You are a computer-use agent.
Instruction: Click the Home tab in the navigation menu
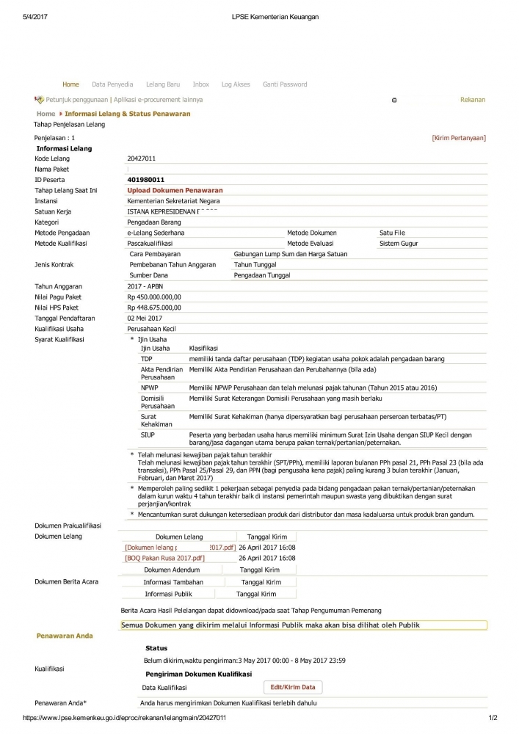(x=70, y=84)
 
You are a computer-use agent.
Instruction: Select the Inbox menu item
(x=200, y=84)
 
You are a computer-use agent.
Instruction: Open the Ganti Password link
(x=285, y=84)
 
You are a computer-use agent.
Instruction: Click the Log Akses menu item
(x=236, y=84)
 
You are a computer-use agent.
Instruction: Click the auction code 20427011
(x=142, y=159)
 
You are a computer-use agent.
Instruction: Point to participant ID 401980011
(x=145, y=180)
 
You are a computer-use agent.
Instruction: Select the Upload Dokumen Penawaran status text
(x=175, y=190)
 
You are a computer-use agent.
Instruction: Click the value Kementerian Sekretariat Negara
(x=173, y=200)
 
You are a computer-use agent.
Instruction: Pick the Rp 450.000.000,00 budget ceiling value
(x=153, y=297)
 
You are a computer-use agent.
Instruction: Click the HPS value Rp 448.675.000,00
(x=153, y=308)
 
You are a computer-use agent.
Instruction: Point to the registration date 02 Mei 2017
(x=145, y=318)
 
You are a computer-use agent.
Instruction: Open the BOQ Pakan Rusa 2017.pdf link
(x=164, y=558)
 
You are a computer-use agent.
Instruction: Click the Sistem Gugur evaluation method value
(x=399, y=243)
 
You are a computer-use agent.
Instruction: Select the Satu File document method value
(x=392, y=233)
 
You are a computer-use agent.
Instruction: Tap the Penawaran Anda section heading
(x=65, y=636)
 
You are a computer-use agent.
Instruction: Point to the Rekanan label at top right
(x=472, y=100)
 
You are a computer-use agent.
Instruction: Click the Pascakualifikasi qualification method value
(x=150, y=243)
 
